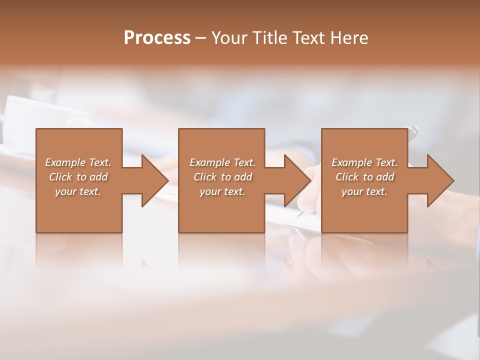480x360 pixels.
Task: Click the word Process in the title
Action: click(157, 38)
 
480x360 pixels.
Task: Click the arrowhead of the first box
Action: click(153, 180)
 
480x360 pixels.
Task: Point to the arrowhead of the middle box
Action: click(296, 180)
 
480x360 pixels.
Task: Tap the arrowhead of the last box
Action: click(439, 180)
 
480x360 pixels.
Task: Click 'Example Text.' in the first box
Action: click(78, 162)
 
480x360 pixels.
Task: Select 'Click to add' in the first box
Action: click(78, 177)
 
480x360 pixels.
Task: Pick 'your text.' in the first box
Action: click(78, 191)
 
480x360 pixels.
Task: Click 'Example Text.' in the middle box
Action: click(222, 162)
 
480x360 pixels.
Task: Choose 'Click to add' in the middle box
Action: click(222, 177)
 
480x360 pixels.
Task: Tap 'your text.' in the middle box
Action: click(222, 191)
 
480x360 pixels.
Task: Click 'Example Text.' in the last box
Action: click(364, 162)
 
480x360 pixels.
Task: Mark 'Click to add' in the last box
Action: click(364, 177)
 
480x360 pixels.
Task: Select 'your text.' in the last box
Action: click(364, 191)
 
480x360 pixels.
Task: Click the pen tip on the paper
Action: click(299, 215)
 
